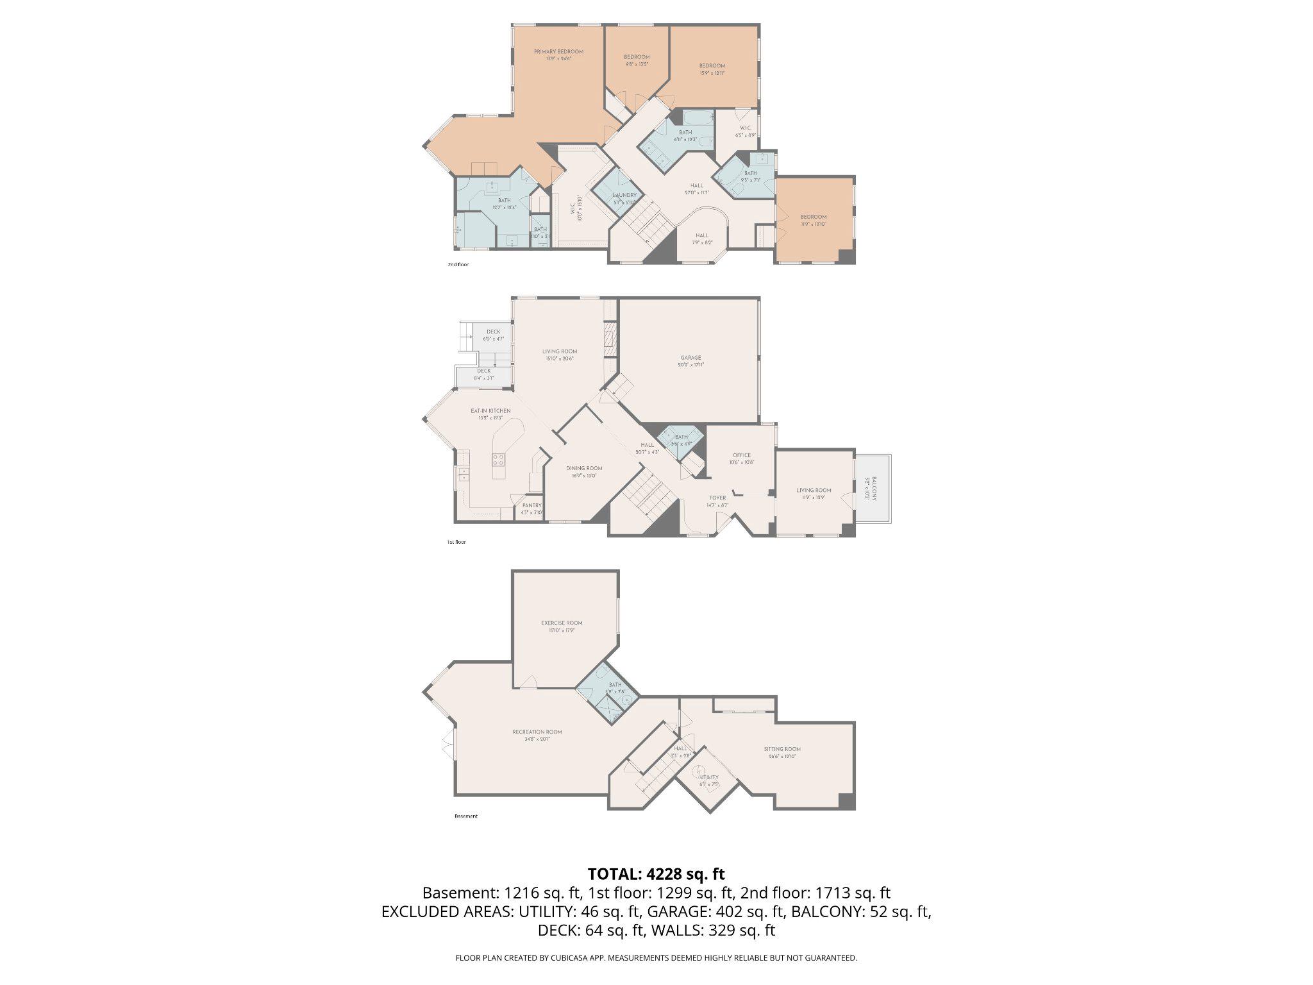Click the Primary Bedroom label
click(558, 52)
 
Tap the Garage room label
click(690, 358)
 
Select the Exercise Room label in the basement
click(562, 623)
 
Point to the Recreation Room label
click(537, 732)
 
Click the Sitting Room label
click(782, 749)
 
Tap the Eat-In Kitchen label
click(490, 411)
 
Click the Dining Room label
click(584, 468)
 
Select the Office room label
click(742, 455)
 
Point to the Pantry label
click(531, 505)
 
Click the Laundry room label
click(624, 196)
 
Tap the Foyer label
click(717, 498)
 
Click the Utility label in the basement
click(708, 777)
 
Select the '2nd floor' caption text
click(458, 264)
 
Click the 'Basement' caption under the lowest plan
click(466, 816)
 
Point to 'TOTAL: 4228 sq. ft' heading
click(656, 873)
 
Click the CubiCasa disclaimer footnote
click(656, 958)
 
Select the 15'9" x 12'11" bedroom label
click(712, 66)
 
